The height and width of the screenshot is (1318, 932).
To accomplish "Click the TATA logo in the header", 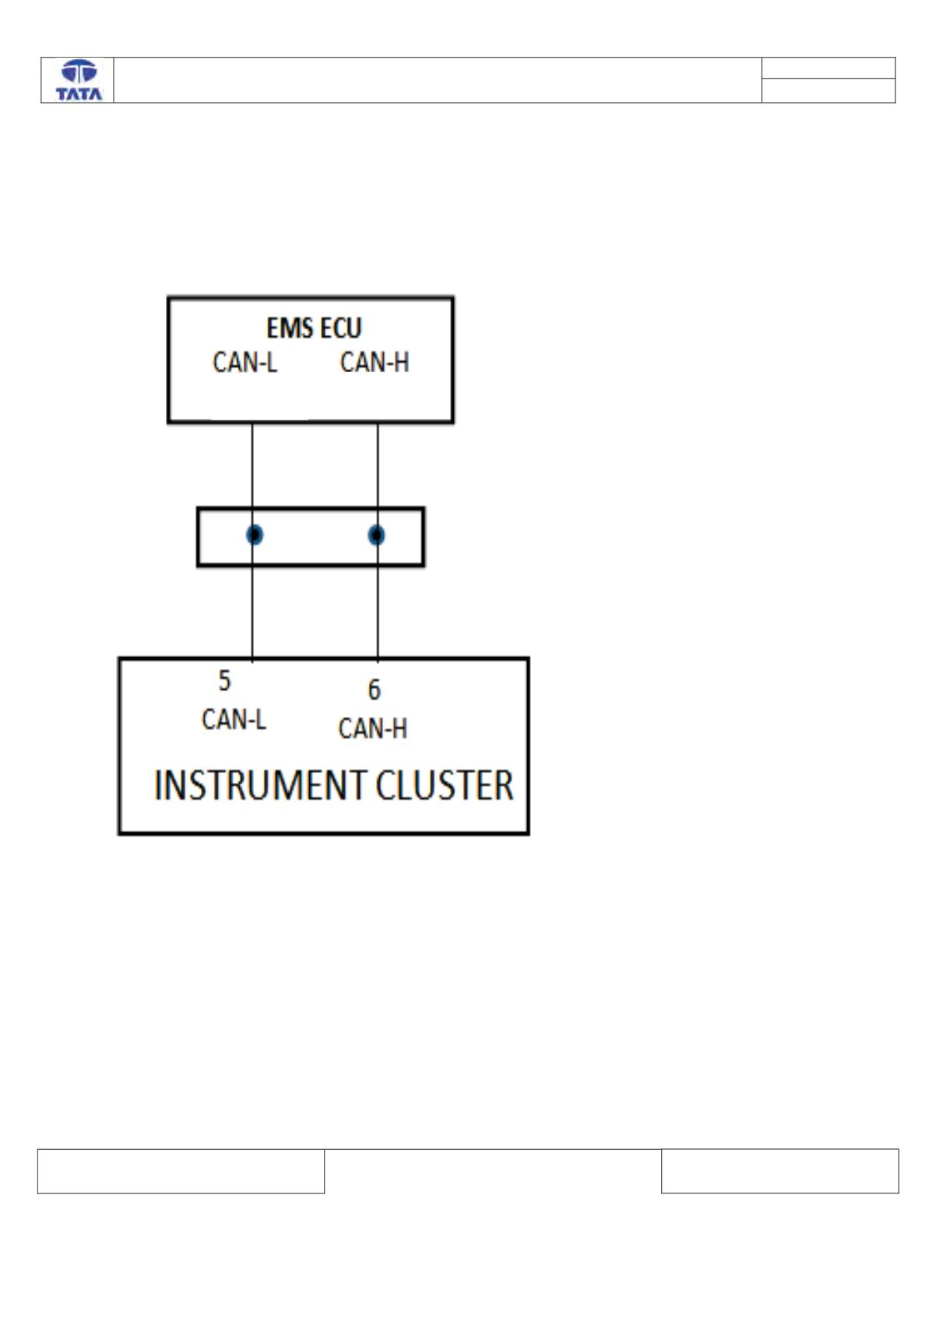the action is [x=79, y=80].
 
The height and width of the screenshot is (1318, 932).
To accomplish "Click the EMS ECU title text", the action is [x=314, y=328].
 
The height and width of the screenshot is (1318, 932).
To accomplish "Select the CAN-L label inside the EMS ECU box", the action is [x=244, y=362].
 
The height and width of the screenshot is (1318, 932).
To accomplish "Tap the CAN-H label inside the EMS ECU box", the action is [x=375, y=362].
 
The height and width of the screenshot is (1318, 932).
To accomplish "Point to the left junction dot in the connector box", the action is [x=254, y=534].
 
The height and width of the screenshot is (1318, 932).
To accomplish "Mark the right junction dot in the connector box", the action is [x=377, y=535].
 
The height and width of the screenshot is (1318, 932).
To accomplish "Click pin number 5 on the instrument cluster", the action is [x=224, y=680].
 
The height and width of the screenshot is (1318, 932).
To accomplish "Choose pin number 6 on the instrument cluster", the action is [x=375, y=689].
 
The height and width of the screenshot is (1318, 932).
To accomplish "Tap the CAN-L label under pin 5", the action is [x=234, y=719].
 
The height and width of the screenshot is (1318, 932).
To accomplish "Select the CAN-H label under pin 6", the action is [x=372, y=728].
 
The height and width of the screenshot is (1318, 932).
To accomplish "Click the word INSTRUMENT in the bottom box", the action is [x=261, y=785].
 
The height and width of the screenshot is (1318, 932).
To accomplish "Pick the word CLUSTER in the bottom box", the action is [x=445, y=785].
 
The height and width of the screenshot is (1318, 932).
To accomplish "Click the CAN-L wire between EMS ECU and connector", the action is [x=252, y=465].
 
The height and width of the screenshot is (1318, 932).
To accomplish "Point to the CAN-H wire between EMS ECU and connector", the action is [x=378, y=465].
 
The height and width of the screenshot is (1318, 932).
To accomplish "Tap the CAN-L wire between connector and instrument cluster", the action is [x=252, y=612].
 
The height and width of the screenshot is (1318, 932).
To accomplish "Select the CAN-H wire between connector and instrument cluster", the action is [x=378, y=612].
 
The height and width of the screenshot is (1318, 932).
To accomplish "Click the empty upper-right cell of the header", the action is [x=828, y=68].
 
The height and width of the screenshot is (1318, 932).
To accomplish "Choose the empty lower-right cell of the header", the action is [x=828, y=90].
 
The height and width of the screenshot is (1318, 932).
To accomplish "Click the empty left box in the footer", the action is [x=181, y=1171].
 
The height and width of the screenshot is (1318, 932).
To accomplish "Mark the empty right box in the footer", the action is [x=779, y=1170].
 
